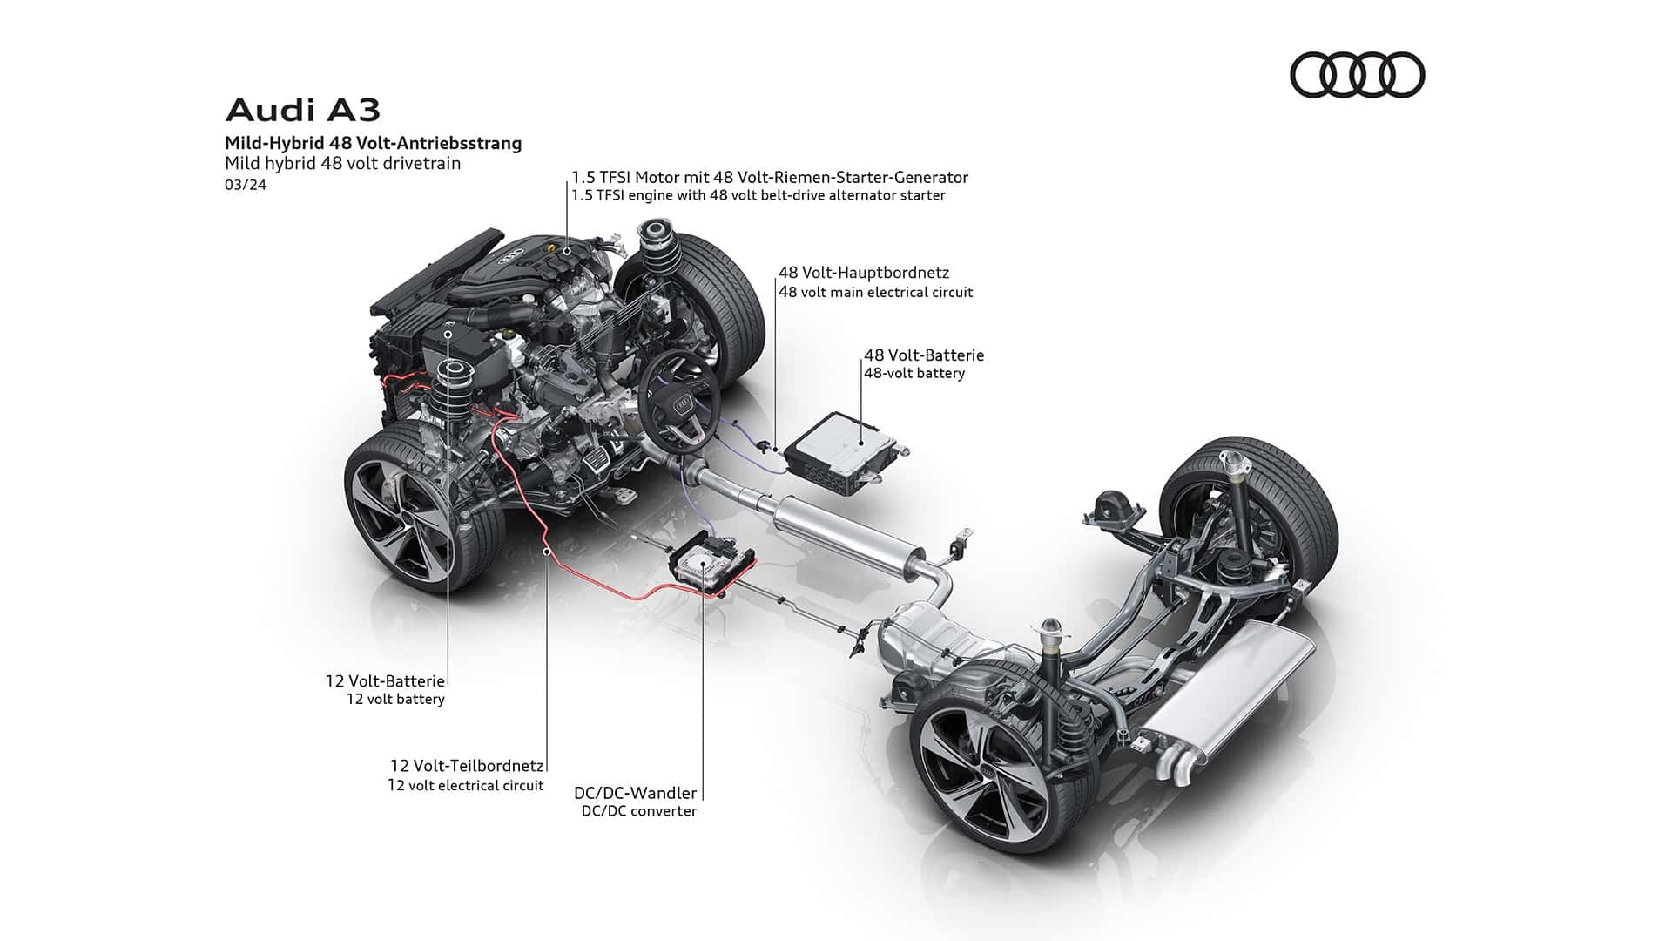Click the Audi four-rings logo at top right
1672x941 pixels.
coord(1357,74)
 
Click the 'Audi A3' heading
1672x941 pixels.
coord(303,111)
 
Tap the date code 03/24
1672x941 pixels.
coord(246,185)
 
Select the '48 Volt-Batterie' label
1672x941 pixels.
coord(924,355)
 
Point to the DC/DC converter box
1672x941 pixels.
coord(710,565)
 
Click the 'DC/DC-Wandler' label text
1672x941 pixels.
coord(635,793)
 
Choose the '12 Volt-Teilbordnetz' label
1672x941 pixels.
coord(467,766)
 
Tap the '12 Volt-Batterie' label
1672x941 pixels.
coord(385,680)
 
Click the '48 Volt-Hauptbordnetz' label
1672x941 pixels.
coord(864,273)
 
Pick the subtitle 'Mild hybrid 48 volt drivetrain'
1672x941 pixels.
coord(342,163)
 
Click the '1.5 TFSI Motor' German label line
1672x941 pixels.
coord(770,177)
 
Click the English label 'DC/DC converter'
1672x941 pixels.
coord(639,811)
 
